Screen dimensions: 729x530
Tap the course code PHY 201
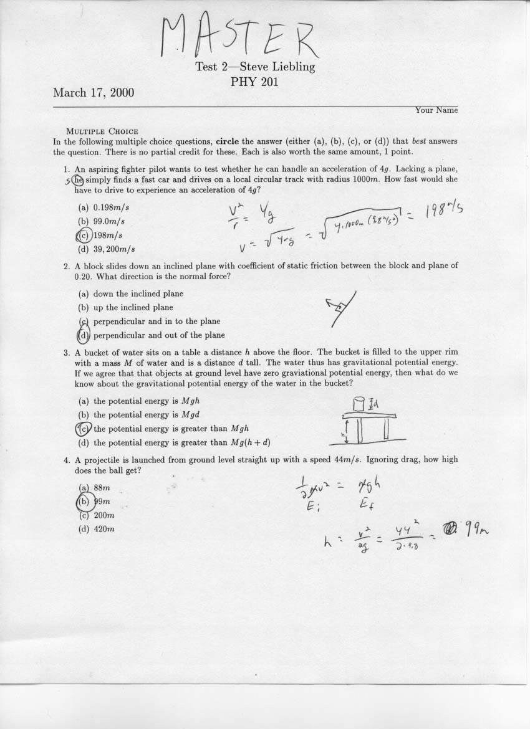[x=254, y=81]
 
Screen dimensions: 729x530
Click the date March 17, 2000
[x=94, y=93]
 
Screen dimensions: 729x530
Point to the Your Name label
[x=436, y=110]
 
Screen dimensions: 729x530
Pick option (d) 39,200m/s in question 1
[x=107, y=249]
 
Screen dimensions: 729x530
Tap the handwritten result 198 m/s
[x=445, y=213]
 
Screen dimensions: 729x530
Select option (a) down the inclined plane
[x=131, y=293]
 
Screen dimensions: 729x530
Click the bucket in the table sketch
[x=359, y=404]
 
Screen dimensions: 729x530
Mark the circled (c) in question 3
[x=84, y=429]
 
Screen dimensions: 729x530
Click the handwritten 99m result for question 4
[x=473, y=530]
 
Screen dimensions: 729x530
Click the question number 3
[x=66, y=352]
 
